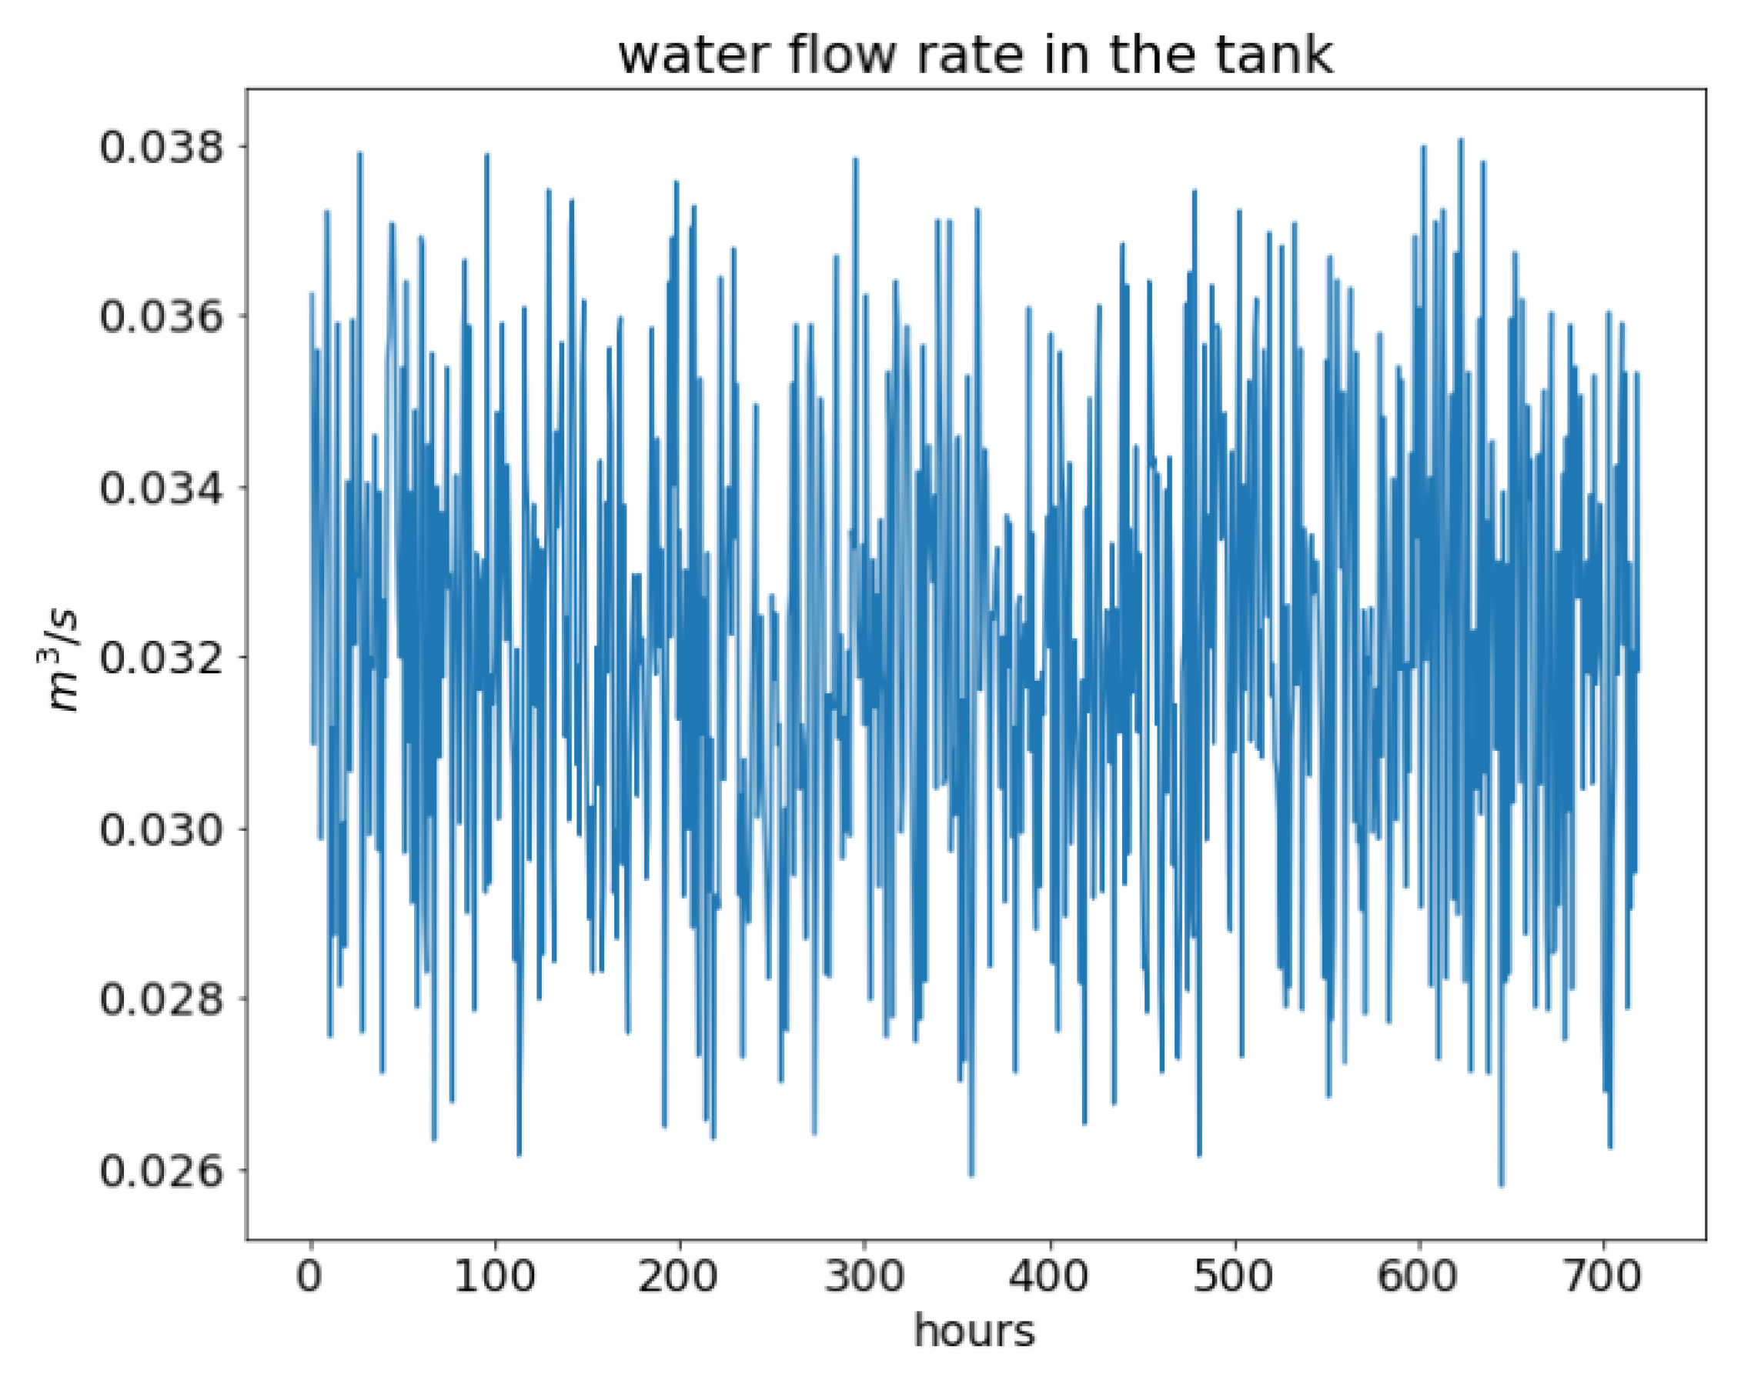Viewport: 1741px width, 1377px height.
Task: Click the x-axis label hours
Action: point(974,1331)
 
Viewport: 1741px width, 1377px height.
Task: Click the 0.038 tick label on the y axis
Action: point(160,148)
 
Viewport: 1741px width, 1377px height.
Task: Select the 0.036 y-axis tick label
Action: point(160,317)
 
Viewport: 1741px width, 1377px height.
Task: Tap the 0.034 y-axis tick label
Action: point(160,488)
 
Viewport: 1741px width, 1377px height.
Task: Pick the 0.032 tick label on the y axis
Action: point(160,658)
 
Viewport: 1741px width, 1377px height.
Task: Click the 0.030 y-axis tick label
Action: point(160,829)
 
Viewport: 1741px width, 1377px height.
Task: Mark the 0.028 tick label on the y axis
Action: point(160,999)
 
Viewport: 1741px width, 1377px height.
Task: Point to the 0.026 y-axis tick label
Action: point(160,1170)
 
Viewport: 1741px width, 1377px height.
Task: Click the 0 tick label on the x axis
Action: point(310,1276)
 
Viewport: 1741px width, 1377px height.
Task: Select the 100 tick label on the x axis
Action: point(494,1276)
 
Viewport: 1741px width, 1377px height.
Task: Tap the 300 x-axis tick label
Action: point(864,1276)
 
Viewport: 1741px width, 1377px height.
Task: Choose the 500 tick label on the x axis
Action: point(1233,1276)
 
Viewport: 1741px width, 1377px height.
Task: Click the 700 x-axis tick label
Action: point(1602,1276)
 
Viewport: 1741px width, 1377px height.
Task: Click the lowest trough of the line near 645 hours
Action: point(1502,1185)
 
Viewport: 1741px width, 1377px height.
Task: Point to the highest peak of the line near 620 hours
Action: point(1460,141)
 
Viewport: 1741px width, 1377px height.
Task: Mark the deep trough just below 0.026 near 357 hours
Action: point(971,1175)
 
